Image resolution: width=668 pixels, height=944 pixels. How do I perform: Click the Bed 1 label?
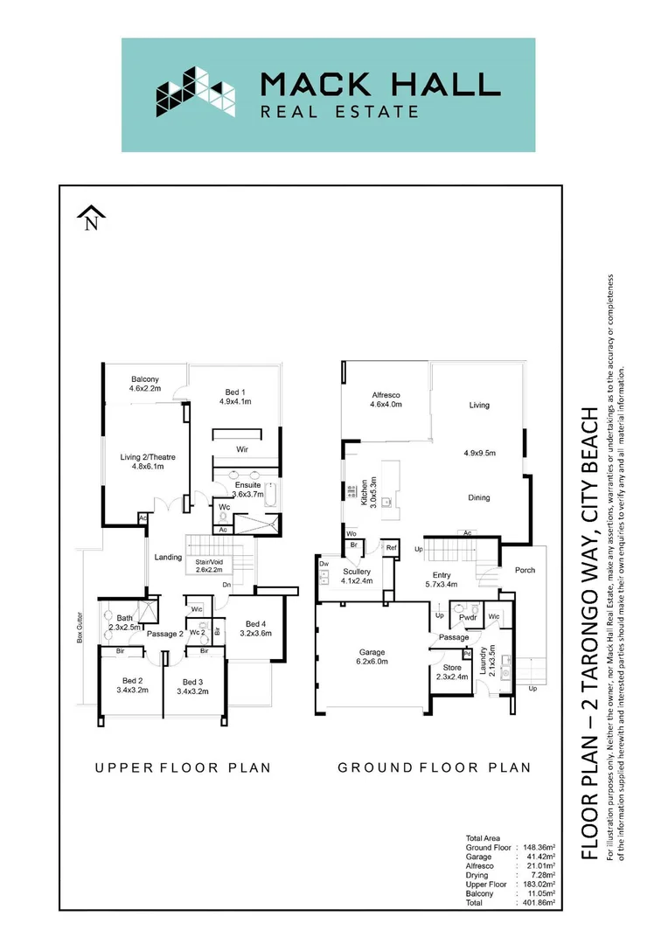235,396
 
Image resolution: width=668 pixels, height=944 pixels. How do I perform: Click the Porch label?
525,570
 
